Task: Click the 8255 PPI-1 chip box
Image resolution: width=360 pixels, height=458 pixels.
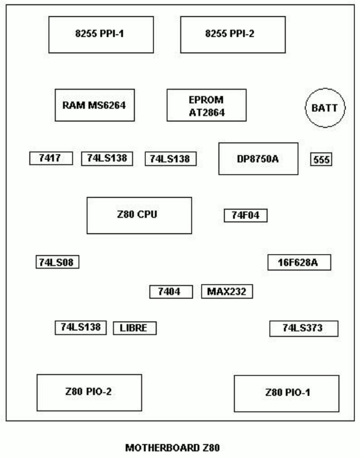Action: (101, 35)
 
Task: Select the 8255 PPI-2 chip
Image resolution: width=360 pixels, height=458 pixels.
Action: (233, 35)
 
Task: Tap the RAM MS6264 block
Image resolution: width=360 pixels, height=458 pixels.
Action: (95, 105)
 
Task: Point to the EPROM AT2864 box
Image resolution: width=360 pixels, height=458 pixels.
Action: (207, 105)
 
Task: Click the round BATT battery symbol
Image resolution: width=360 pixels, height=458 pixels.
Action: (325, 108)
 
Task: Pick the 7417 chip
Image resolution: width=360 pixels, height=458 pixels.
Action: (51, 158)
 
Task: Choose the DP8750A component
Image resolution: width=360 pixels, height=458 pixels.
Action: (259, 159)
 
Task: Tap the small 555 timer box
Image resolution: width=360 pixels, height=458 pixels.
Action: (321, 160)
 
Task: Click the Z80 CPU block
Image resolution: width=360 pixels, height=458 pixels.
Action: (140, 216)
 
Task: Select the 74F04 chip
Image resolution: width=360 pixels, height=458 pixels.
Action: (246, 216)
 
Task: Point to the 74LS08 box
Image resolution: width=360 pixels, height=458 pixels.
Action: (57, 262)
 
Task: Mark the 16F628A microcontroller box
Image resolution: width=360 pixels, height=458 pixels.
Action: (299, 262)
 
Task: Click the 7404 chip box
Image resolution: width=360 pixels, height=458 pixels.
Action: (171, 292)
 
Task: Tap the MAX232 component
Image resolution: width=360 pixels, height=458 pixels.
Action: (227, 292)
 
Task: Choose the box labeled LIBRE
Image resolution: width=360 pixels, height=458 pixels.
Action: (135, 328)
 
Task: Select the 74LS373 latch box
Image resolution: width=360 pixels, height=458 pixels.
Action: (304, 328)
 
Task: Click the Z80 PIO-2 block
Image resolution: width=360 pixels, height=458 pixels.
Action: (90, 393)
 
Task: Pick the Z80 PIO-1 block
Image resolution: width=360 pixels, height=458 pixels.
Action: (287, 394)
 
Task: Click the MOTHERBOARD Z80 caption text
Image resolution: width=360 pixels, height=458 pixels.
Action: (172, 448)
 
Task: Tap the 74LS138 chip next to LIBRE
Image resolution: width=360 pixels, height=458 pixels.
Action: (81, 328)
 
